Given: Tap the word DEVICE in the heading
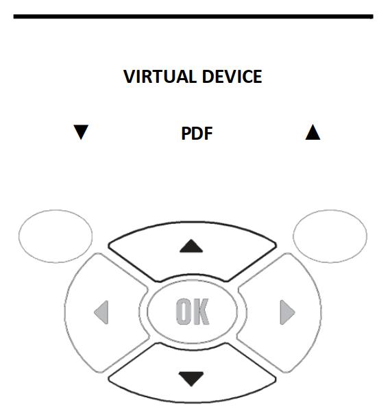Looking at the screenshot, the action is (232, 77).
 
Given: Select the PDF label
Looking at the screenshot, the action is (197, 134).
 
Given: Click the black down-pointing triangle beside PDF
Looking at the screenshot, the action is (81, 132).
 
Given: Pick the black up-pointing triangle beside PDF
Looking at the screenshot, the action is (313, 132).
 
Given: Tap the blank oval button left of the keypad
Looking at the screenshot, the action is (56, 236).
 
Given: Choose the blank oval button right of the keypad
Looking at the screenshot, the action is (330, 236).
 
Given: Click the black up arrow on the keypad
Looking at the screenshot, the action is (191, 246).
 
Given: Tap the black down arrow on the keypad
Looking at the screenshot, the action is (191, 379).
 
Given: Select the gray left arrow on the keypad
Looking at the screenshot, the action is (101, 312).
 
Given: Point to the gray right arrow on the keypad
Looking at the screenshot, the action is (287, 312).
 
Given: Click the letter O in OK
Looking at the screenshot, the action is (184, 312).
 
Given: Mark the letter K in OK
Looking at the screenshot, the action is (201, 312).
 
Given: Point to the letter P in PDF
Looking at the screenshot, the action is (186, 134).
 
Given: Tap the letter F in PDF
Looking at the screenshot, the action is (208, 134).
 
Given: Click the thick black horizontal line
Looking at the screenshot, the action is (193, 16).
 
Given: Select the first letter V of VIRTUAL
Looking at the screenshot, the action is (130, 77).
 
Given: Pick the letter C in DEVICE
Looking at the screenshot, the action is (245, 77).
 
